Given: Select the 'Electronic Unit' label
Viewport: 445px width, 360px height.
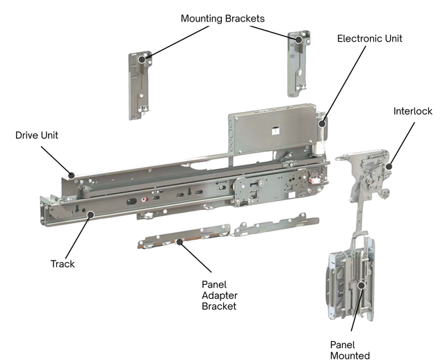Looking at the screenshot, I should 369,39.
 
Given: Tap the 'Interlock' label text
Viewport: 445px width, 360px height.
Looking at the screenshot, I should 412,111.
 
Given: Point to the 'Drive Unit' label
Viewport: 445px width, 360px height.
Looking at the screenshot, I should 35,134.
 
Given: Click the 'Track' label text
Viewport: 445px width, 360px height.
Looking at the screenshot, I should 63,264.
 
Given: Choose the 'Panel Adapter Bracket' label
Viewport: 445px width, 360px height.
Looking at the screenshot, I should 220,295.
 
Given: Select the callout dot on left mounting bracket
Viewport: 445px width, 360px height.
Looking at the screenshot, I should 142,60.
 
